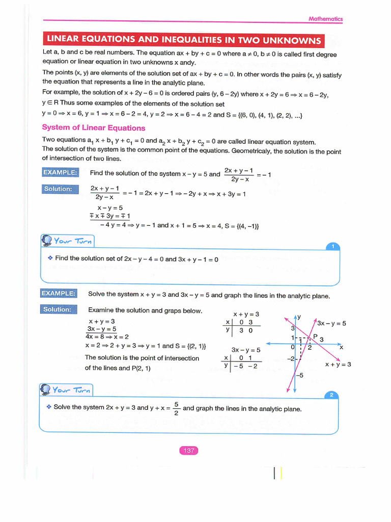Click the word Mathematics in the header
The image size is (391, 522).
point(326,19)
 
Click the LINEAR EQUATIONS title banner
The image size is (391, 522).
point(184,40)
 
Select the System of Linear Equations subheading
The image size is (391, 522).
point(93,128)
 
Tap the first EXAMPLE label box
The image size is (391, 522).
point(60,172)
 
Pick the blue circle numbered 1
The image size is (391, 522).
point(332,247)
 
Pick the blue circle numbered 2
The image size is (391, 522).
point(331,395)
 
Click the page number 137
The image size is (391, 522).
point(188,450)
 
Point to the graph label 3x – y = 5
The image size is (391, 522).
point(331,323)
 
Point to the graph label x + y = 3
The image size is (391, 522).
point(338,364)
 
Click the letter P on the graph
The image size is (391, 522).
point(315,336)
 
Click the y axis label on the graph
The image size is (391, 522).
point(299,317)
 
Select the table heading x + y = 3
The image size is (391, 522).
point(246,314)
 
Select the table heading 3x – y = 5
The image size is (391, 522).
point(246,350)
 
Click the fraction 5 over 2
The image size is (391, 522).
point(176,408)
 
